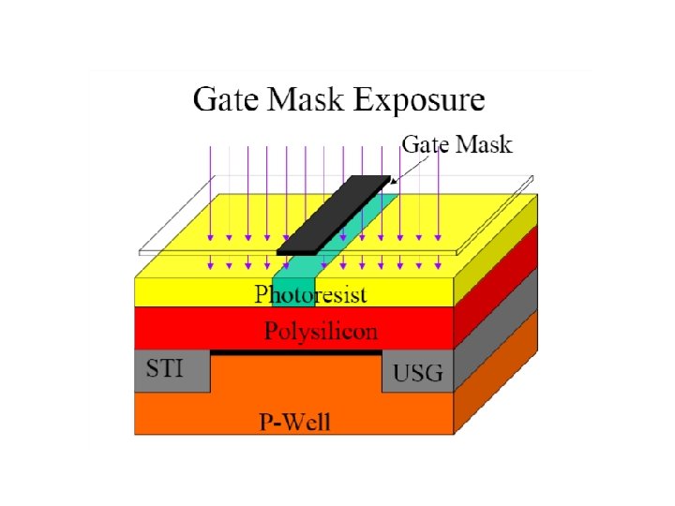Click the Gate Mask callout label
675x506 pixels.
pos(457,145)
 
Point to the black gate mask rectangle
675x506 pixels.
pos(335,214)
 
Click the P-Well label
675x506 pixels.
pos(294,420)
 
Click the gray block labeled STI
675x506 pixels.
pos(173,373)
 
